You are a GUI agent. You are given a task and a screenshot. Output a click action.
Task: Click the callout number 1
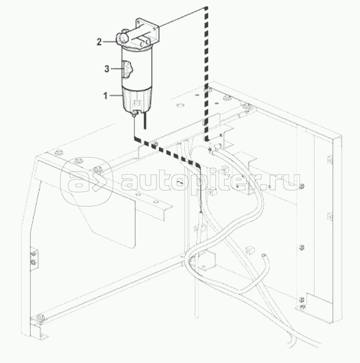tap(105, 95)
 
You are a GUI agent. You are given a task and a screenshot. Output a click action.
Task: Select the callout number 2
tap(99, 42)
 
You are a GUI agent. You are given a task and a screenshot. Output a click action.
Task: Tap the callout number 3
tap(106, 69)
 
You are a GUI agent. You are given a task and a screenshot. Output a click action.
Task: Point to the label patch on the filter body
tap(126, 69)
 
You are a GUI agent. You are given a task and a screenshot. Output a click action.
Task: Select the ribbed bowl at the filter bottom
tap(136, 99)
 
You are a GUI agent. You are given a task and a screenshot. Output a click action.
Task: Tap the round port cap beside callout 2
tap(121, 38)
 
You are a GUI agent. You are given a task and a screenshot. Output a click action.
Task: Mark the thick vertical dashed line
tap(206, 74)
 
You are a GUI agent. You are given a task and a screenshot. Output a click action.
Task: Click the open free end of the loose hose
tap(263, 255)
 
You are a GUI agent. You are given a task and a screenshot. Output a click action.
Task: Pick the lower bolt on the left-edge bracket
tap(33, 262)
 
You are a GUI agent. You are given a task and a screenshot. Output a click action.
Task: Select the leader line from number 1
tap(115, 95)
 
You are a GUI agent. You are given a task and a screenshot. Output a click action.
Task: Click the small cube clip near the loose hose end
tap(249, 249)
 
